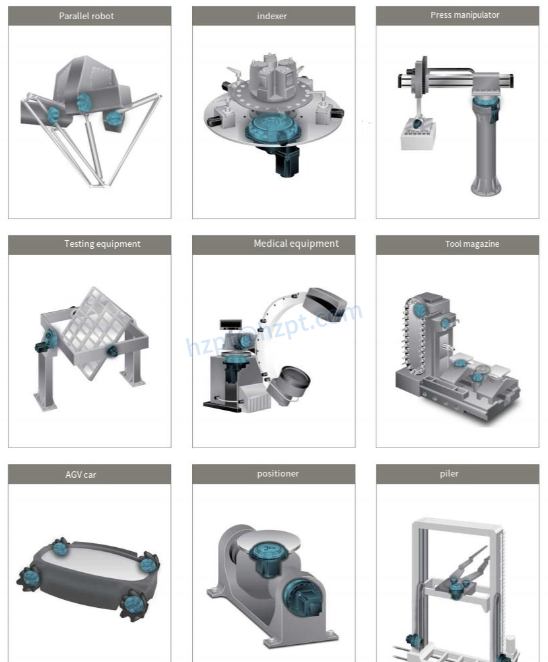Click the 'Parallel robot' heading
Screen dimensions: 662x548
[x=86, y=16]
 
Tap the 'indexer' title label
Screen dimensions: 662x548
[x=272, y=16]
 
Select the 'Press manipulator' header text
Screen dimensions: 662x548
[x=465, y=15]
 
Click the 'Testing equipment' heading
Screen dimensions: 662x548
[x=102, y=244]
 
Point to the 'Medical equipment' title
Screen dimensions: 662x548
[x=296, y=244]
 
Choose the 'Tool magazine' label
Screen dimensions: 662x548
[x=472, y=244]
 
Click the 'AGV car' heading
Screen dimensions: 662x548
[x=81, y=475]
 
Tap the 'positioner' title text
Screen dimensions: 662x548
[x=278, y=474]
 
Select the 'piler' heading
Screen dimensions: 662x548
[x=449, y=474]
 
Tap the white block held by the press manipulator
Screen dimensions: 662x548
[x=417, y=137]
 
